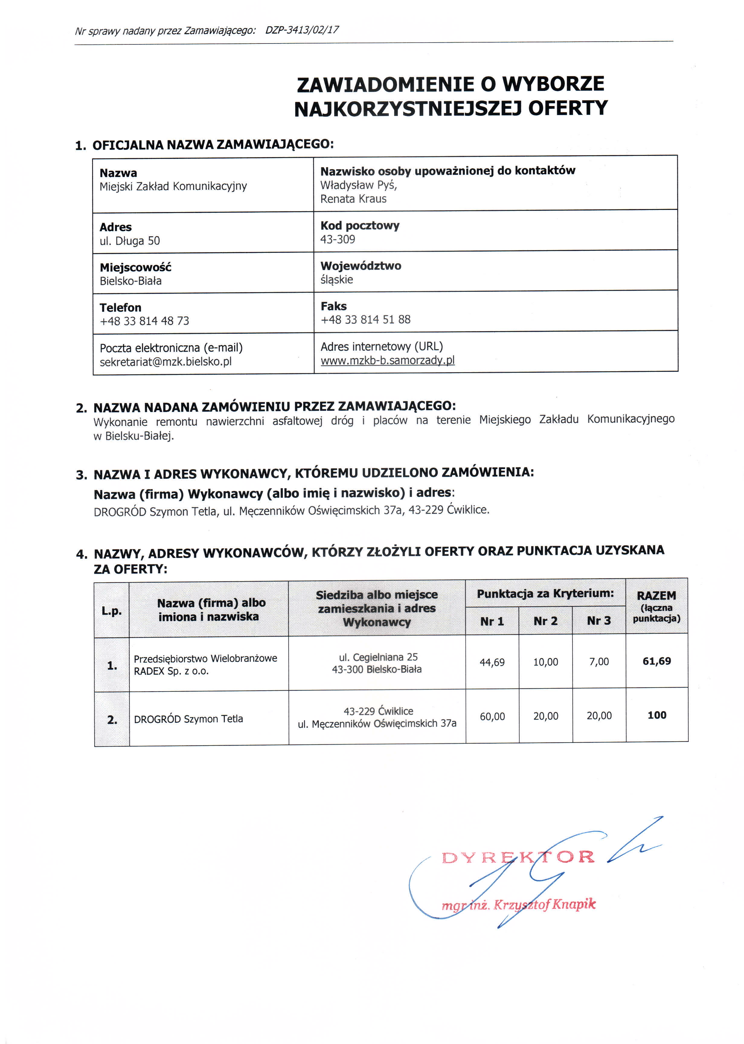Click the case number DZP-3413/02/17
tap(302, 30)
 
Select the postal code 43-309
tap(338, 239)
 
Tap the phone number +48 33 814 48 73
tap(144, 321)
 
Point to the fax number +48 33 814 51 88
tap(366, 319)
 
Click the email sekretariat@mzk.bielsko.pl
tap(166, 362)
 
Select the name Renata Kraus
tap(353, 199)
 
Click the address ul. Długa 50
tap(130, 240)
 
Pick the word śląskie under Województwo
tap(337, 279)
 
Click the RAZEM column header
tap(656, 596)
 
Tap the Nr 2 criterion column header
tap(546, 621)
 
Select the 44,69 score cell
tap(492, 662)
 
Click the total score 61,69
tap(656, 661)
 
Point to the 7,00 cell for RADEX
tap(599, 662)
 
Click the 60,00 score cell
tap(492, 716)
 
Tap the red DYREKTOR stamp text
tap(518, 857)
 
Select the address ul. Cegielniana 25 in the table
tap(378, 657)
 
